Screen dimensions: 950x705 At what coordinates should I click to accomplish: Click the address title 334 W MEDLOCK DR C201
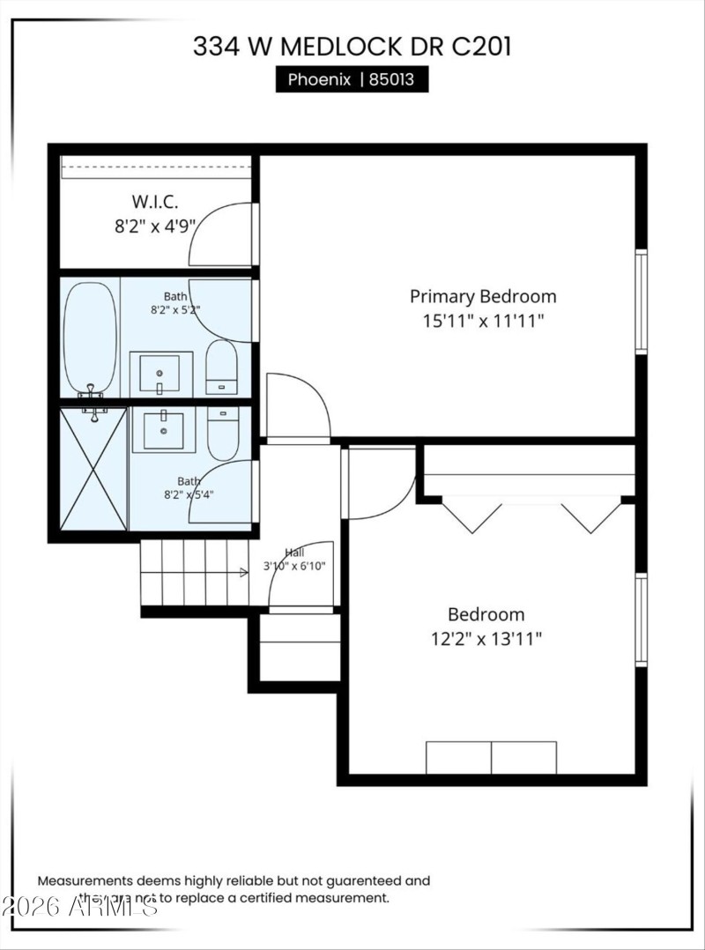[x=352, y=46]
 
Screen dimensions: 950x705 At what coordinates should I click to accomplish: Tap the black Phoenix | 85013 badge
[x=352, y=80]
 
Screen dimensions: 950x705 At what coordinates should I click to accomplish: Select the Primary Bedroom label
[x=483, y=296]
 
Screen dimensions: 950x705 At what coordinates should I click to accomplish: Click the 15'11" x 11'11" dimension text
[x=483, y=321]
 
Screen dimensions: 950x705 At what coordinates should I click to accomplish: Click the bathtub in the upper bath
[x=90, y=338]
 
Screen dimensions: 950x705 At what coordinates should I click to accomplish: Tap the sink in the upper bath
[x=160, y=375]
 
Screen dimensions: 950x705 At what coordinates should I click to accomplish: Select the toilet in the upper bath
[x=221, y=367]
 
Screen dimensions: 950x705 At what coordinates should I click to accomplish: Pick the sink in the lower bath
[x=163, y=429]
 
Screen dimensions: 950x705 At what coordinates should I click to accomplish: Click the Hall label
[x=294, y=552]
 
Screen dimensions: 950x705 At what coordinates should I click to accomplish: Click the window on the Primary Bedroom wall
[x=642, y=302]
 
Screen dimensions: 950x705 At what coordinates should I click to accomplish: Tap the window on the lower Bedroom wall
[x=642, y=620]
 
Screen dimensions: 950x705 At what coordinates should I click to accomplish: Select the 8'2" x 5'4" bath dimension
[x=189, y=494]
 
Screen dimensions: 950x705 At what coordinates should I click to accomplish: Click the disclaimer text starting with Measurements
[x=234, y=888]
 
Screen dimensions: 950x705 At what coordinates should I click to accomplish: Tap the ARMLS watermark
[x=79, y=905]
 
